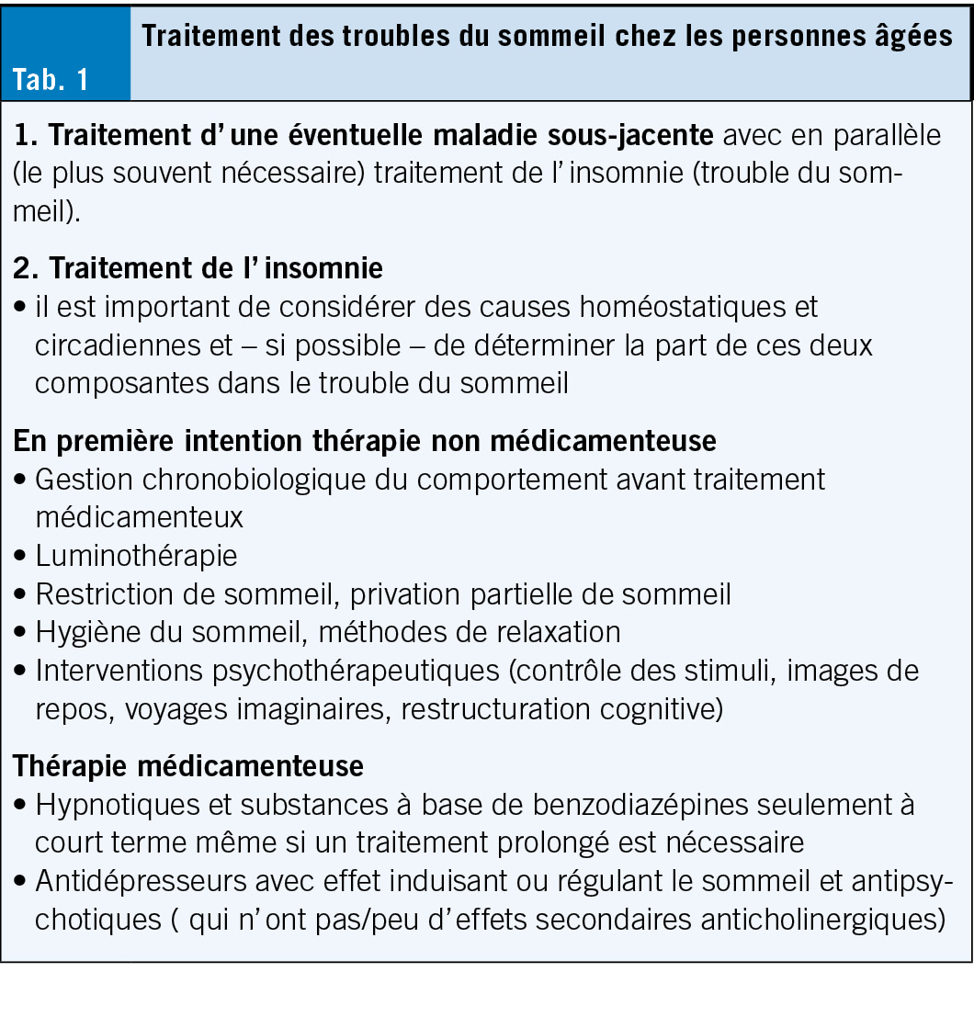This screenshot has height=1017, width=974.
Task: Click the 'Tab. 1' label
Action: click(x=51, y=79)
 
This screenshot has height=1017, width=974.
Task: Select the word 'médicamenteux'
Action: click(x=139, y=517)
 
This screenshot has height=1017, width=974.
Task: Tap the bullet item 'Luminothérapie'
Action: click(x=136, y=556)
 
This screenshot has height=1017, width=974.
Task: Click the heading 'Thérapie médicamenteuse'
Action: click(x=187, y=766)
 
